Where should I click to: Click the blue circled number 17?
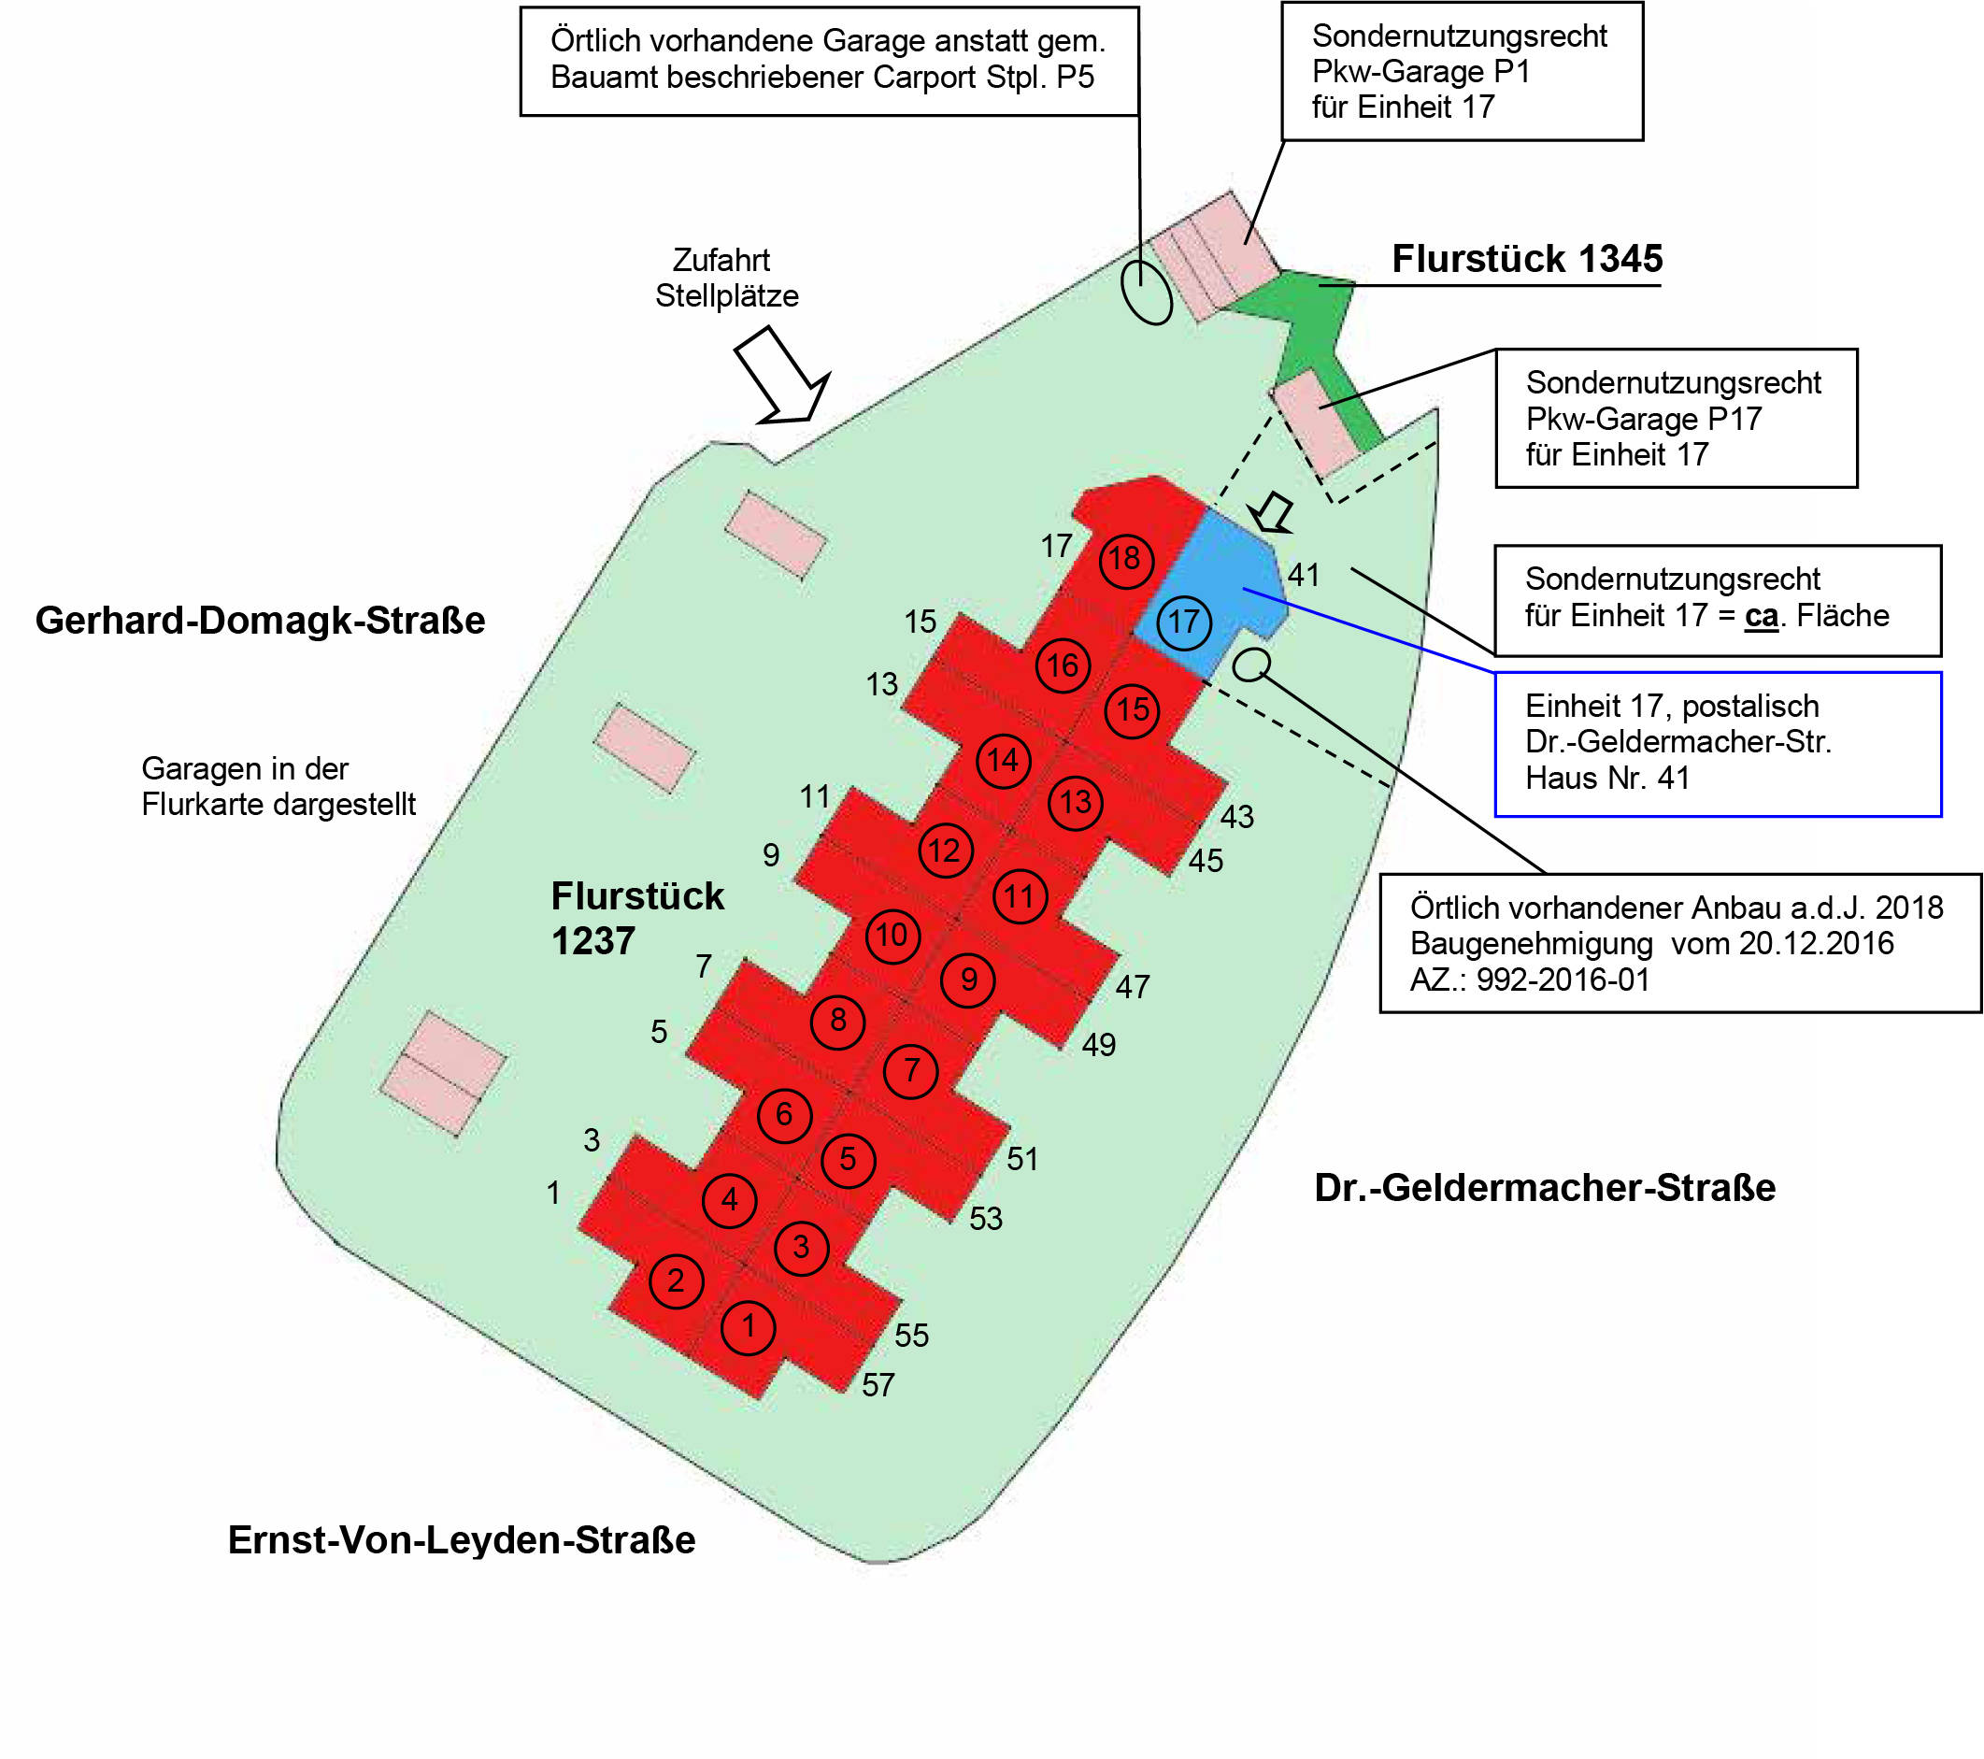click(x=1183, y=622)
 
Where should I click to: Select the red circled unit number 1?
click(x=749, y=1326)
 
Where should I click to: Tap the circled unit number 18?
click(x=1126, y=559)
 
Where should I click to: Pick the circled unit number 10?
click(x=892, y=936)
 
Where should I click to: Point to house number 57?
click(x=878, y=1385)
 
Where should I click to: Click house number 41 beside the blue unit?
click(x=1304, y=575)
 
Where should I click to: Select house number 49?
click(x=1099, y=1046)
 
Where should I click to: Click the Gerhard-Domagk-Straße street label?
click(x=260, y=621)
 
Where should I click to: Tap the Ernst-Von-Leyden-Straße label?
click(x=461, y=1540)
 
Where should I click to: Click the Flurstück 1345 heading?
click(x=1527, y=259)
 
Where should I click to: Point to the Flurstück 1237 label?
click(x=636, y=918)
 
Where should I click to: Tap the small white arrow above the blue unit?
click(x=1273, y=511)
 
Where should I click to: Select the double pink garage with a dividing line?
click(x=443, y=1073)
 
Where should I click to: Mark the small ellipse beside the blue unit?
click(x=1251, y=665)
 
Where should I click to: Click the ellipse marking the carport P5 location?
click(x=1147, y=291)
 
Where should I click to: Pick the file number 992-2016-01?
click(x=1563, y=980)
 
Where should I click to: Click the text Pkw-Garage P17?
click(x=1643, y=420)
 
